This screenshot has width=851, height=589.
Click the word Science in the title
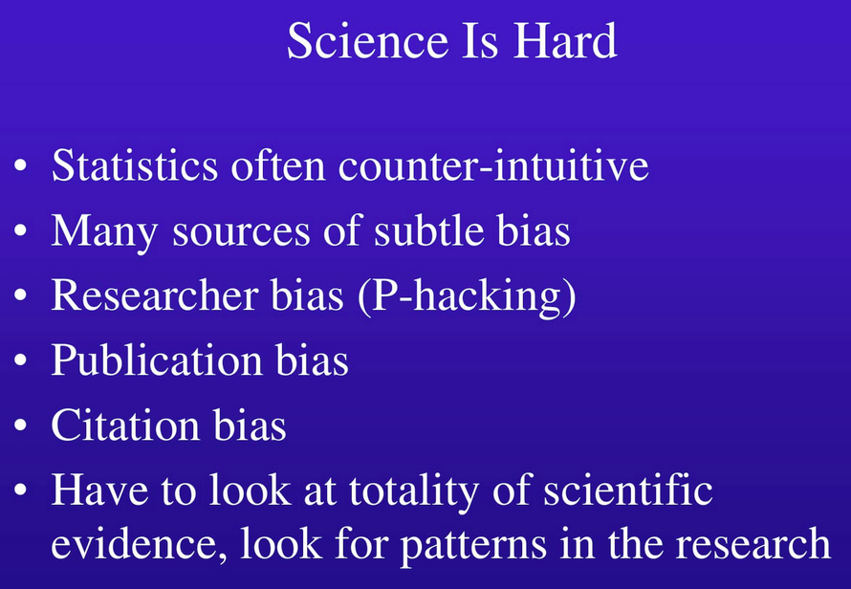pyautogui.click(x=367, y=41)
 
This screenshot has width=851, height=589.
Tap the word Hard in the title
pyautogui.click(x=565, y=41)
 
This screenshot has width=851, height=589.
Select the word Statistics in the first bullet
pyautogui.click(x=135, y=165)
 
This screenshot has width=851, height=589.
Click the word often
pyautogui.click(x=278, y=164)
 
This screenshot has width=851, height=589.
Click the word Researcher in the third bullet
pyautogui.click(x=154, y=294)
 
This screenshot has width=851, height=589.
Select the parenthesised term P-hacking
pyautogui.click(x=467, y=296)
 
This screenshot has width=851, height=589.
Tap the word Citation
pyautogui.click(x=125, y=425)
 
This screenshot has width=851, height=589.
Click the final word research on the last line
pyautogui.click(x=753, y=543)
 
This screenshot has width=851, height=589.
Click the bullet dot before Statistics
pyautogui.click(x=20, y=164)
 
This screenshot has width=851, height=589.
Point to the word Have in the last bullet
pyautogui.click(x=99, y=490)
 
